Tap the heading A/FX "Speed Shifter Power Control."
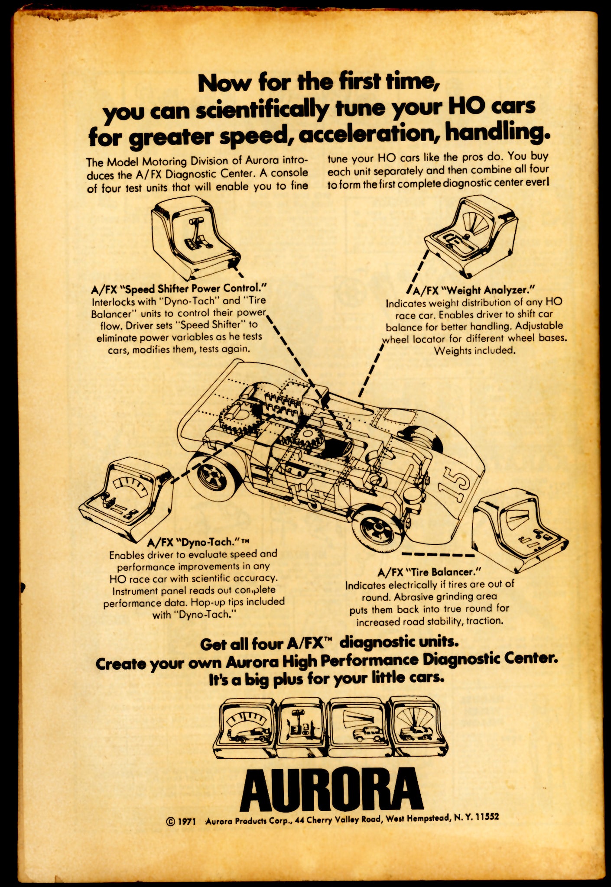178,288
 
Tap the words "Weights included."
474,350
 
